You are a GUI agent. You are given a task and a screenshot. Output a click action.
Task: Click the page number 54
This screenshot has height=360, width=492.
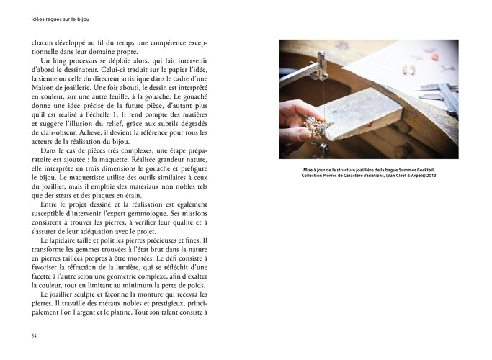click(x=34, y=336)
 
